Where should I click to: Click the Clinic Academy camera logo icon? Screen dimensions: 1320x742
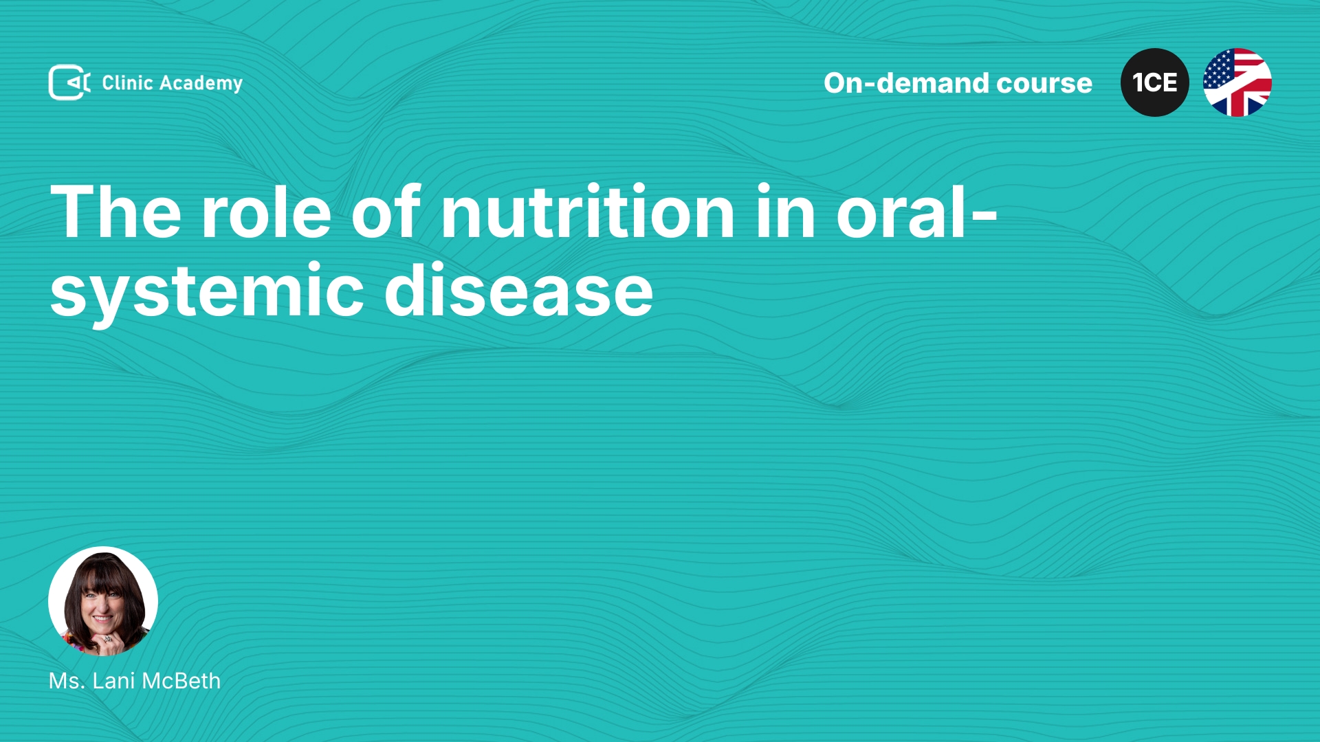click(69, 82)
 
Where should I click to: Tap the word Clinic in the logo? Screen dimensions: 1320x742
click(127, 82)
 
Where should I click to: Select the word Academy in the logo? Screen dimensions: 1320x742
click(201, 84)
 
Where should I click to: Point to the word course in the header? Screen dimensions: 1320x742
click(1044, 84)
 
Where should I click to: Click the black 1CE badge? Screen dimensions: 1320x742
click(1155, 82)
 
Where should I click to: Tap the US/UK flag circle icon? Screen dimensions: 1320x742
click(1237, 82)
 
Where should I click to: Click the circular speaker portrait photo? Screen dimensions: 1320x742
click(103, 601)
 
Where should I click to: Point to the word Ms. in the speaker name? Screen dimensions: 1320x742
click(67, 681)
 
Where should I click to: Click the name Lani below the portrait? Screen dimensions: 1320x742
click(113, 681)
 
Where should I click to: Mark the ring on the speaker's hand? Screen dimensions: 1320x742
click(107, 639)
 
